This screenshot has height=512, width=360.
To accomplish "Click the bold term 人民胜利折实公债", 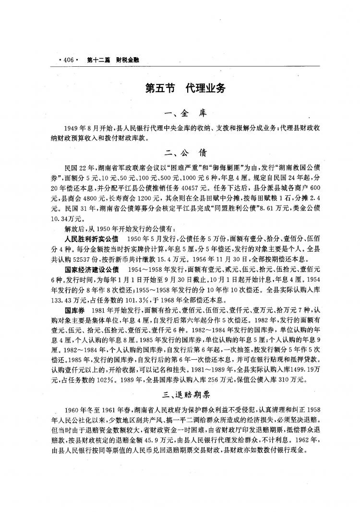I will click(x=91, y=225).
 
